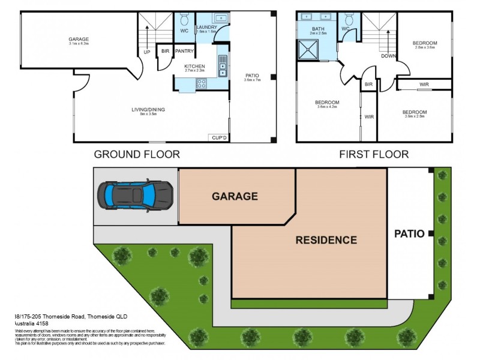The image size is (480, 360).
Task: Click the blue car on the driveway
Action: (x=135, y=194)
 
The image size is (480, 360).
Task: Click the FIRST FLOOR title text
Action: (x=374, y=154)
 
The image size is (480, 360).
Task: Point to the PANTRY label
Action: (x=184, y=52)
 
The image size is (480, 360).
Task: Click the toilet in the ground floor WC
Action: (x=184, y=17)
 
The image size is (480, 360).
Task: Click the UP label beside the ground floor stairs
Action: (x=146, y=52)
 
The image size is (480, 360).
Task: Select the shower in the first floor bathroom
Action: (x=308, y=49)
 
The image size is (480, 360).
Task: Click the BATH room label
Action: (x=318, y=29)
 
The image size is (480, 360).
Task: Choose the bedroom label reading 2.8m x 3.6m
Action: (x=424, y=45)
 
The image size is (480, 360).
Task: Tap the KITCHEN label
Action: (x=195, y=66)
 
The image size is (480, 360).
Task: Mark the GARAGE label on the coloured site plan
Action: (x=234, y=196)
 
